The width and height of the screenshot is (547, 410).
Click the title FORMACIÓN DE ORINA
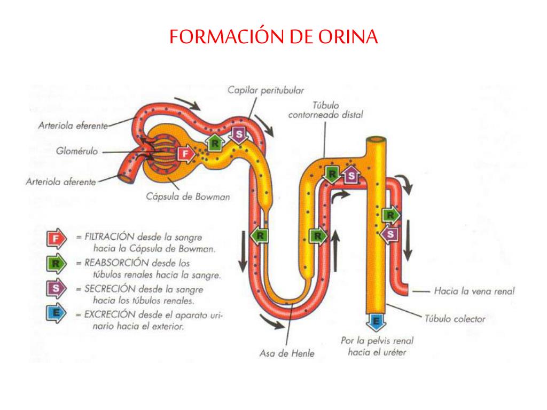tap(273, 37)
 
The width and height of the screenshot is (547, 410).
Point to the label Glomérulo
tap(77, 151)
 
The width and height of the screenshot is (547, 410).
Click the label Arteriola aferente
tap(60, 182)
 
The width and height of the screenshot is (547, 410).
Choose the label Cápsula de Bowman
tap(188, 196)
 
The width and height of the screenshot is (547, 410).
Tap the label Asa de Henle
tap(287, 353)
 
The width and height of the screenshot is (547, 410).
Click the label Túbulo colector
tap(455, 319)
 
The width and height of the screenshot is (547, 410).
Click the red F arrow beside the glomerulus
tap(185, 154)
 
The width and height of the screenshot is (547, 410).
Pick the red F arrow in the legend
tap(56, 239)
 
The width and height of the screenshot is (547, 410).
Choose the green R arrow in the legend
tap(56, 264)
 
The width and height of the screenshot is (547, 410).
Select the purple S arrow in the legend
tap(56, 289)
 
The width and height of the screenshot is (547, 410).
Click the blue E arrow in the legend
tap(56, 314)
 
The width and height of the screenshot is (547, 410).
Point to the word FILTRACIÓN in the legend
tap(109, 235)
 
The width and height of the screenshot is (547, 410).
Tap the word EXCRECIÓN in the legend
tap(109, 314)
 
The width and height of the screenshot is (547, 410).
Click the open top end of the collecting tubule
tap(376, 143)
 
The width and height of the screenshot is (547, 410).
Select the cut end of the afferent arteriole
tap(126, 178)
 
